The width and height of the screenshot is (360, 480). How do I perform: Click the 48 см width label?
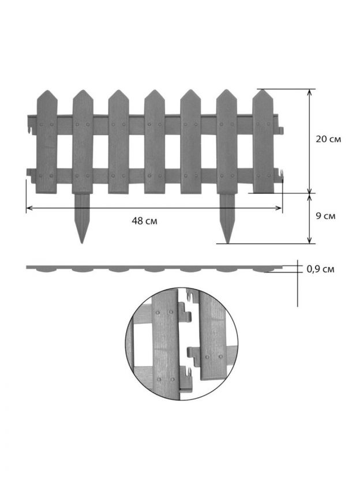tap(144, 221)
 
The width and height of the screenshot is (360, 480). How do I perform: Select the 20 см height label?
tap(328, 139)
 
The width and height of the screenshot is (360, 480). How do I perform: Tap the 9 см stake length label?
tap(326, 216)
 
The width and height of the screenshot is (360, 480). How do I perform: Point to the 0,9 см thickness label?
tap(320, 269)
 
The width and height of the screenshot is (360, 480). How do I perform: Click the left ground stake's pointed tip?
tap(81, 243)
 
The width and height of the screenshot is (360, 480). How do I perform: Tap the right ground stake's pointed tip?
tap(227, 243)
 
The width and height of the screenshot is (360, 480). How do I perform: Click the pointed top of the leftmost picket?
tap(47, 91)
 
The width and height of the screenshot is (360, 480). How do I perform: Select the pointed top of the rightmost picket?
tap(262, 89)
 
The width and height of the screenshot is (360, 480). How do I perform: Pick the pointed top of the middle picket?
tap(155, 90)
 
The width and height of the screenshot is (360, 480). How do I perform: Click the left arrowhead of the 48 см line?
tap(28, 208)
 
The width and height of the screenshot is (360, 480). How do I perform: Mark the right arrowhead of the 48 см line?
tap(280, 208)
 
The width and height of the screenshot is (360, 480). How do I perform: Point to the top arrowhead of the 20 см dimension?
tap(310, 91)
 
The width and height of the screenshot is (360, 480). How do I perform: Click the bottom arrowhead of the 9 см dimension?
tap(310, 241)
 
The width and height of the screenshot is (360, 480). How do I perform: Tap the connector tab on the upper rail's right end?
tap(281, 130)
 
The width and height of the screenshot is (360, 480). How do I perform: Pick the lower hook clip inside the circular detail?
tap(186, 374)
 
